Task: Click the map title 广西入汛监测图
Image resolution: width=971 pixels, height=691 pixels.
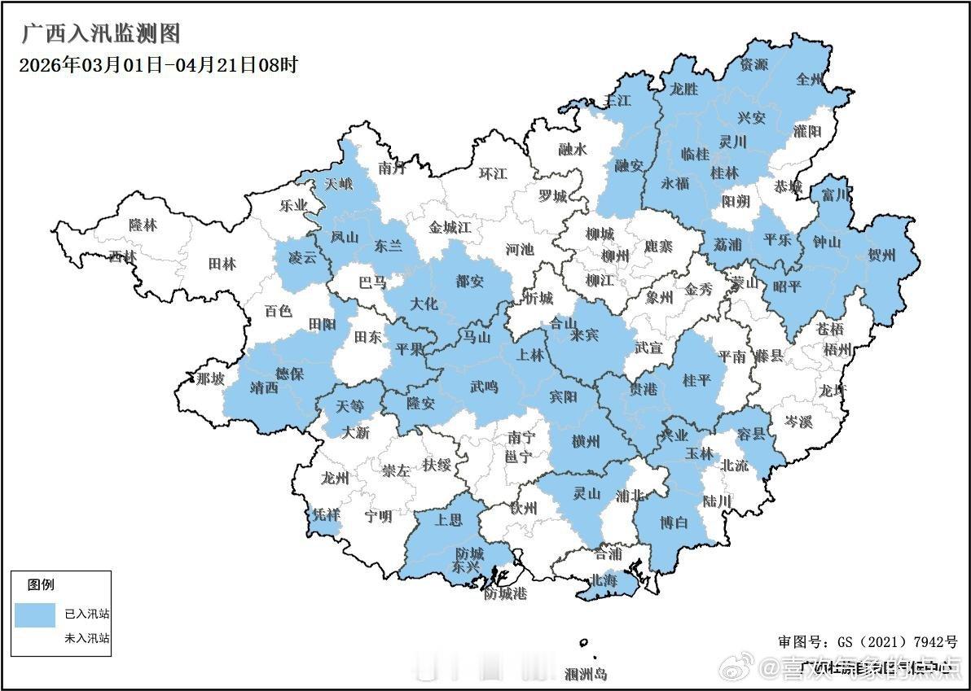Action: click(100, 34)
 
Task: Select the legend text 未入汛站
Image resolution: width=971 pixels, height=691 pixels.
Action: click(87, 638)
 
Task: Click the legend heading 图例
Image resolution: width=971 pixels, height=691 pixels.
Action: click(42, 584)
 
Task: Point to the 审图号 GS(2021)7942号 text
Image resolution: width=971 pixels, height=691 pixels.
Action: click(868, 642)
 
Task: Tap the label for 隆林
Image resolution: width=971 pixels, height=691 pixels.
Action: click(143, 225)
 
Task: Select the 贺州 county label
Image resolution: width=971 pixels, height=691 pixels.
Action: click(881, 256)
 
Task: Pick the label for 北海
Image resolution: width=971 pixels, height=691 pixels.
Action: click(604, 581)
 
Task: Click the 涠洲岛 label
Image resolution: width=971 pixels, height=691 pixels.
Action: click(586, 674)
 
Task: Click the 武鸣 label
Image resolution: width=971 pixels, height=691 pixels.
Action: click(484, 387)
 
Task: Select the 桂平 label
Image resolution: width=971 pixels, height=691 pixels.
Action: click(696, 380)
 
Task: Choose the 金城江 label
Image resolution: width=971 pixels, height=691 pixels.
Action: click(450, 228)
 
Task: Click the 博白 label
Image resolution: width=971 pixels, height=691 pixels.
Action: click(672, 522)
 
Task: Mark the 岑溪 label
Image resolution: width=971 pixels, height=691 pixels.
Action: click(798, 422)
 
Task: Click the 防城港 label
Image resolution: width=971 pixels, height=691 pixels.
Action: click(505, 593)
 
